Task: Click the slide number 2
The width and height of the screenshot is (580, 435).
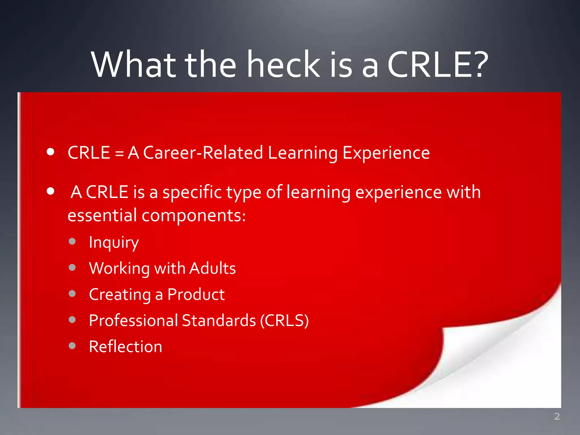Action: (557, 416)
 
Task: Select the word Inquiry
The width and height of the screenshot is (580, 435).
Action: (114, 242)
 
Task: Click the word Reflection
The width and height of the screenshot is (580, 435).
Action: (125, 346)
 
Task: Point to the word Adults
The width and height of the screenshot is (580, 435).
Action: (212, 268)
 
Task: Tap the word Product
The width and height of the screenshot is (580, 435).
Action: (196, 294)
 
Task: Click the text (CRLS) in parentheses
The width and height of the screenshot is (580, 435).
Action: (284, 320)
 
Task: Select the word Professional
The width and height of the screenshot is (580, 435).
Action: (133, 320)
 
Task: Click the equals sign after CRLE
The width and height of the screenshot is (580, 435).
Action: (119, 153)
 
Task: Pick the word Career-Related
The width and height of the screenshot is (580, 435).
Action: (203, 153)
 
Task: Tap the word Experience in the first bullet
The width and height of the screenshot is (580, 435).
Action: (386, 153)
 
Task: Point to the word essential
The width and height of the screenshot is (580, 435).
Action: (102, 215)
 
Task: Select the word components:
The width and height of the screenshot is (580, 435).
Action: (193, 216)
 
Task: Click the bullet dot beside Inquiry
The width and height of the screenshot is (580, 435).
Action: (72, 241)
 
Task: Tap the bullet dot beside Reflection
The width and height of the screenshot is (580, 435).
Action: (72, 346)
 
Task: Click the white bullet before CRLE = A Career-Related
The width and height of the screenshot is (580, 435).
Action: (51, 152)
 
